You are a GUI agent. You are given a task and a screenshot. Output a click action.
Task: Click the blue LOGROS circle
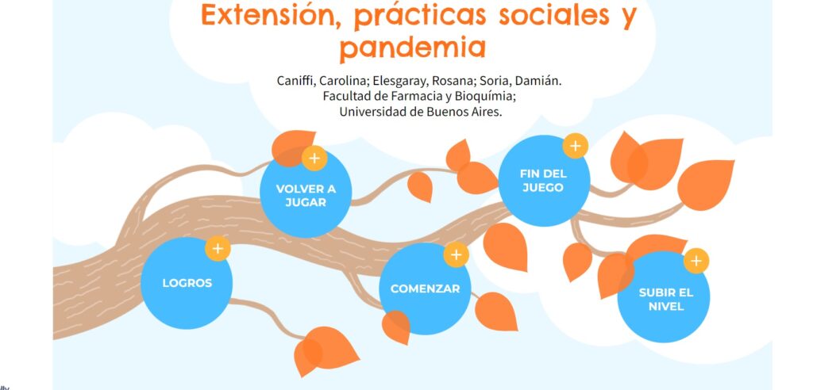[187, 283]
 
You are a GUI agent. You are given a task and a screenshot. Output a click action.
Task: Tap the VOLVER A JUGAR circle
[306, 193]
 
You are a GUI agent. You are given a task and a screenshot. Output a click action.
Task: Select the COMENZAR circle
[426, 289]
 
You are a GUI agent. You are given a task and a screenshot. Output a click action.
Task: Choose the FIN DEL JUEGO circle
[544, 181]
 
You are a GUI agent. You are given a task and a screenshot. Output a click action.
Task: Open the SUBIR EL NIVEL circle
[664, 297]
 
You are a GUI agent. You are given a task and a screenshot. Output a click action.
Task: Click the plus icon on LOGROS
[218, 249]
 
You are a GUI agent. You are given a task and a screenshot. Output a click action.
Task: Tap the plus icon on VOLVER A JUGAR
[314, 158]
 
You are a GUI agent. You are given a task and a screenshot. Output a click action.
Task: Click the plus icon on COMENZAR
[457, 254]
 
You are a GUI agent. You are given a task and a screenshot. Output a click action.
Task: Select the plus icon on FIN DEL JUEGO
[575, 146]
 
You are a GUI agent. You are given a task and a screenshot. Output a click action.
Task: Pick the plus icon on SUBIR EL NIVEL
[696, 261]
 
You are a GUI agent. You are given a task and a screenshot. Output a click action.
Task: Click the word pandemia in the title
[413, 47]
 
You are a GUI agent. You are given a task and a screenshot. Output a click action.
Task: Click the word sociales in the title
[554, 14]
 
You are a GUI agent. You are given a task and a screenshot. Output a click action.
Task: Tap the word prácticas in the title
[420, 16]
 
